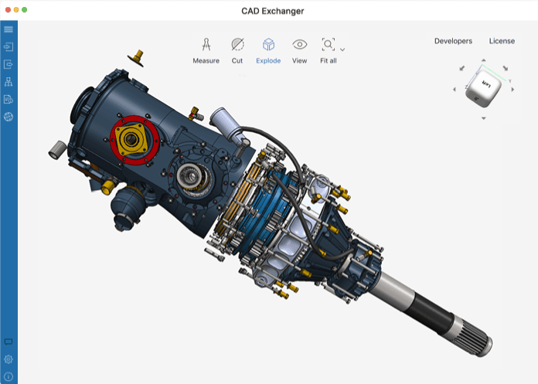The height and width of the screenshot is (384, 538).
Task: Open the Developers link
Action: pos(453,41)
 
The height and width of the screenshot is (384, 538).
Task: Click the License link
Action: pos(502,41)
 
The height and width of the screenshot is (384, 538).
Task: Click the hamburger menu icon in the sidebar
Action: pos(9,29)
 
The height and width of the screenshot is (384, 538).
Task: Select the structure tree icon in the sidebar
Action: pos(9,82)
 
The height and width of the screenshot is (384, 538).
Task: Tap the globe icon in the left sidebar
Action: pos(9,117)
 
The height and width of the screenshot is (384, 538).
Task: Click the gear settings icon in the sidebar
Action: pos(9,359)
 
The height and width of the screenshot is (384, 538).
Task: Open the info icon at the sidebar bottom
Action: pos(9,376)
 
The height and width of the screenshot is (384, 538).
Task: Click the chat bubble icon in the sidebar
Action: pos(9,342)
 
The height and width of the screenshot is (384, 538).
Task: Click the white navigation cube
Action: pos(484,91)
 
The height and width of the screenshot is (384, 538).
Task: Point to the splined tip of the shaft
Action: pos(478,341)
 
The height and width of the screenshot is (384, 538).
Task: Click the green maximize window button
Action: pos(24,10)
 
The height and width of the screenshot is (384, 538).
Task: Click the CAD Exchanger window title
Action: pos(268,10)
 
